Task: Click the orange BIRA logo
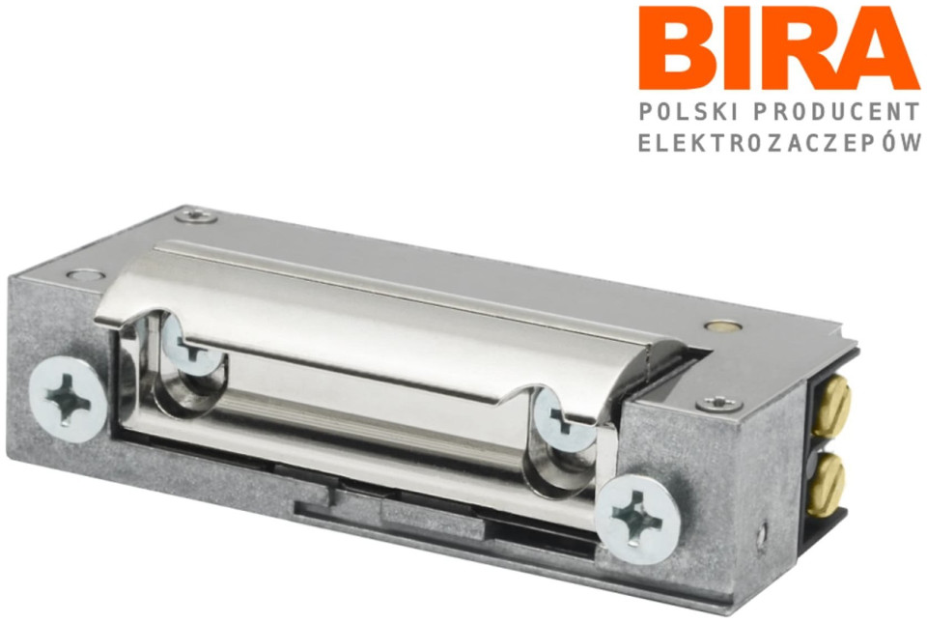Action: pyautogui.click(x=778, y=48)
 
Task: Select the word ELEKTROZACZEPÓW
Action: pyautogui.click(x=780, y=142)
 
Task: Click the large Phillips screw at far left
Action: pyautogui.click(x=68, y=400)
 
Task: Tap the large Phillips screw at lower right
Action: pyautogui.click(x=636, y=518)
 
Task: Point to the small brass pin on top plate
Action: pyautogui.click(x=722, y=326)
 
